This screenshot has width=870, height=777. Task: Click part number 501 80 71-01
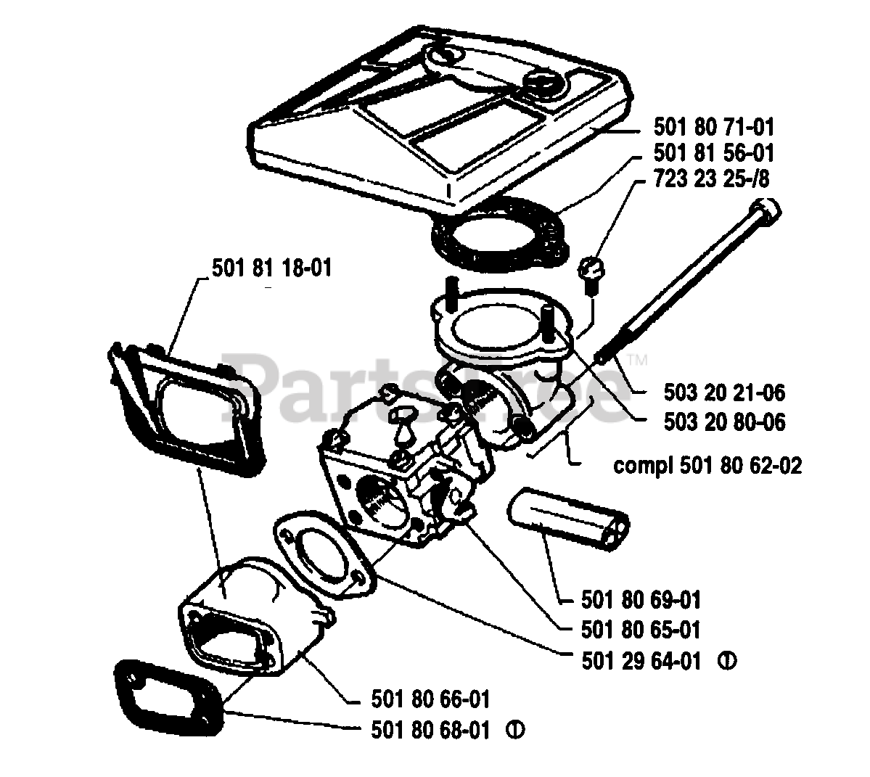(x=713, y=128)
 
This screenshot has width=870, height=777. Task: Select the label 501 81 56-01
(x=713, y=153)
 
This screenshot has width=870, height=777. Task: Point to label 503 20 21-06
(x=723, y=392)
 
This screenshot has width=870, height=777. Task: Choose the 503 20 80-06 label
(x=723, y=422)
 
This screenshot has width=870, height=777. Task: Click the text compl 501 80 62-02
(x=707, y=465)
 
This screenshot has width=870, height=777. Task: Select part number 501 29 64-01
(x=641, y=661)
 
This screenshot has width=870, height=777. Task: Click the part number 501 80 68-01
(x=429, y=728)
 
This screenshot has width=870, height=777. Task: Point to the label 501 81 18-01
(x=271, y=268)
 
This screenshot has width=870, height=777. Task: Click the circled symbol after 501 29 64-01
(x=728, y=661)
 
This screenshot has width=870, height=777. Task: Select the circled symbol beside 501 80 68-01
(x=516, y=728)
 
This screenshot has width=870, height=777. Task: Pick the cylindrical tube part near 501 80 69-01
(x=570, y=517)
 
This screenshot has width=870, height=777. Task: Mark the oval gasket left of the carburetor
(x=322, y=551)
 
